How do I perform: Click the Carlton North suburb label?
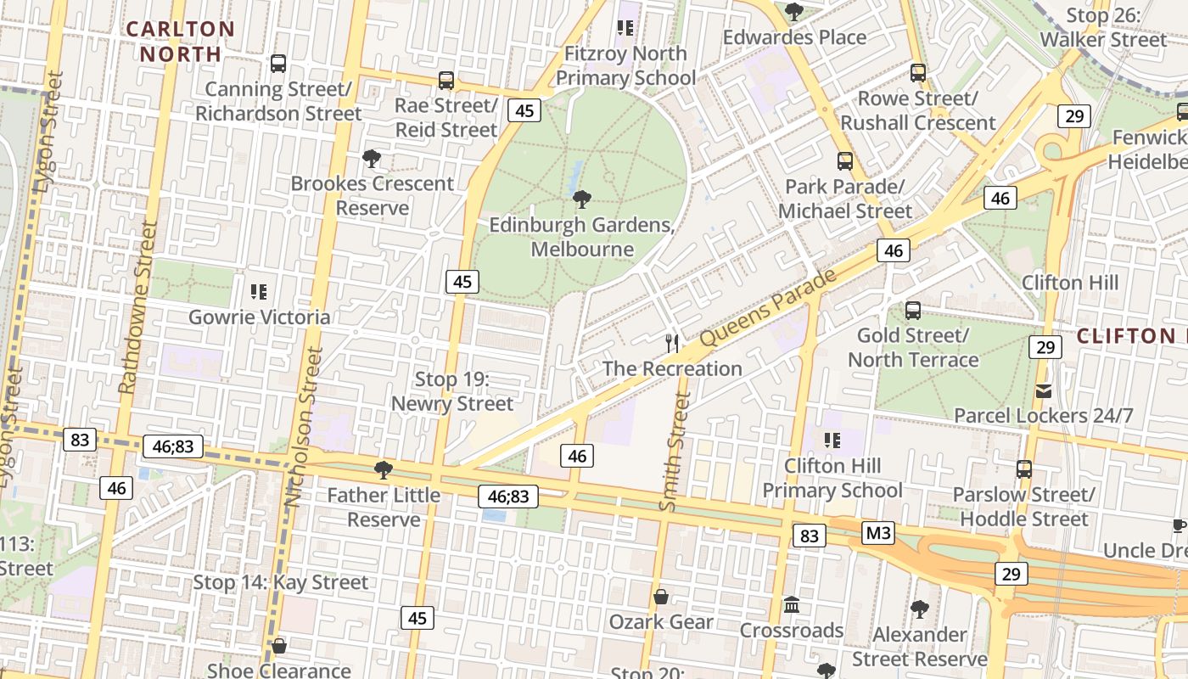(180, 41)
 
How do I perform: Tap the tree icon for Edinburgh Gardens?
(582, 200)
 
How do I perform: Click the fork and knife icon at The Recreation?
(673, 344)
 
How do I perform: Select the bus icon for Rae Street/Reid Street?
(446, 81)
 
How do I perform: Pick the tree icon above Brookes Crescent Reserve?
(371, 159)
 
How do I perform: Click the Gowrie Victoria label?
(259, 317)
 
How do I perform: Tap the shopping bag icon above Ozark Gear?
(661, 598)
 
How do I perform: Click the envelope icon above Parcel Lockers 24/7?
(1044, 391)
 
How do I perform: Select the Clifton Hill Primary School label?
(832, 478)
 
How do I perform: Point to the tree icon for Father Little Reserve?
(384, 470)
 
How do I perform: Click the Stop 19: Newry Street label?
(452, 391)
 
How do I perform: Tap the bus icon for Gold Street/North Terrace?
(913, 311)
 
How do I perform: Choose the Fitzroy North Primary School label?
(626, 65)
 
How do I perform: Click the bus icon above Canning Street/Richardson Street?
(278, 64)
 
